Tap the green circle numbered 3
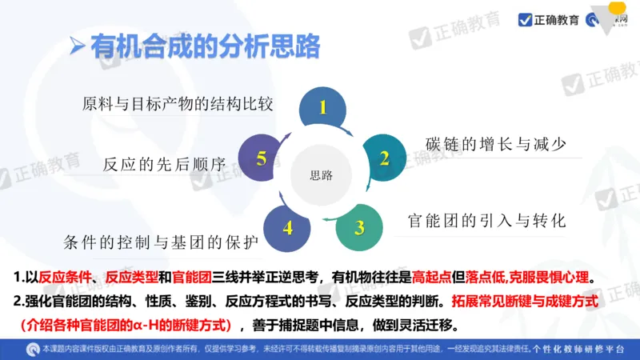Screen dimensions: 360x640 pos(359,226)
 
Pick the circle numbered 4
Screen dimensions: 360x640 pos(287,227)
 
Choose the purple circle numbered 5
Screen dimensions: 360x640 pos(261,158)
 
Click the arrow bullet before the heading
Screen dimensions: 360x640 pos(77,46)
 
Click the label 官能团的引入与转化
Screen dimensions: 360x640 pos(486,220)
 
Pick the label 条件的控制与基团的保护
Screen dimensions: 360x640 pos(162,241)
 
